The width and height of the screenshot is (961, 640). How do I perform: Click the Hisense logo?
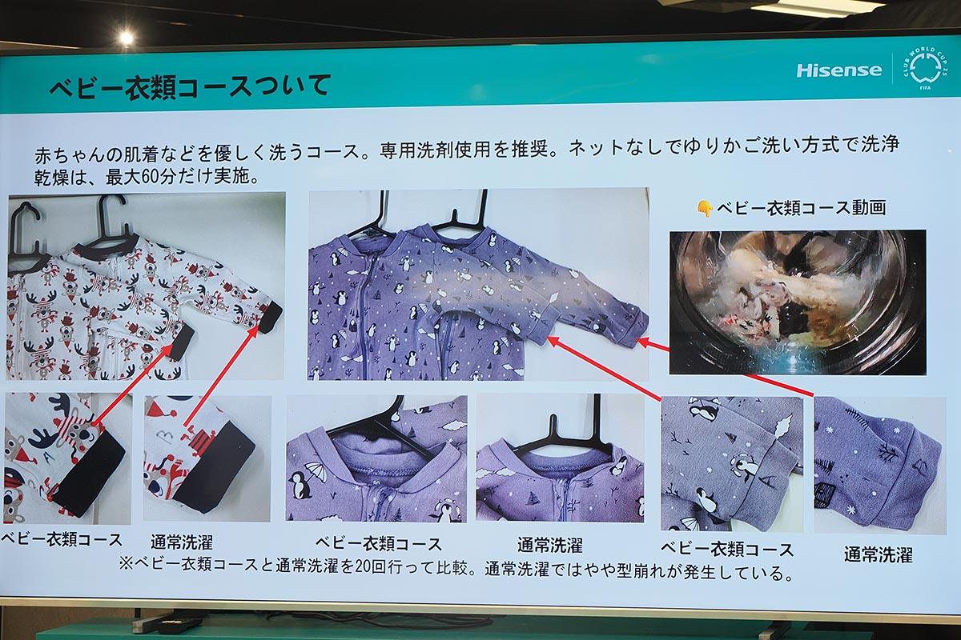pyautogui.click(x=838, y=70)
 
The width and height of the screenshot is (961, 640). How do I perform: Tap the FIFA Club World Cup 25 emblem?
pyautogui.click(x=926, y=68)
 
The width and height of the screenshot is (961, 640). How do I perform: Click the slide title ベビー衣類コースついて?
pyautogui.click(x=190, y=85)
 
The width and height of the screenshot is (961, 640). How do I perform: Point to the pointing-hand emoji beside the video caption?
pyautogui.click(x=705, y=208)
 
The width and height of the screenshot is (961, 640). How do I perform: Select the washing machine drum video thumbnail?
pyautogui.click(x=797, y=302)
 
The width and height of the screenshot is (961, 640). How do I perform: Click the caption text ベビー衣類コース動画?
pyautogui.click(x=801, y=208)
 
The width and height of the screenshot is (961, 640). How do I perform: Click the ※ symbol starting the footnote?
pyautogui.click(x=126, y=563)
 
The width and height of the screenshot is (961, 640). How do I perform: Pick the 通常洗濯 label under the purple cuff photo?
pyautogui.click(x=878, y=554)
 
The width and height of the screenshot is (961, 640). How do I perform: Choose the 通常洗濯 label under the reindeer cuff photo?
pyautogui.click(x=182, y=542)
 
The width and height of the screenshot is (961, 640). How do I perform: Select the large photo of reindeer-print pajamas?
pyautogui.click(x=146, y=286)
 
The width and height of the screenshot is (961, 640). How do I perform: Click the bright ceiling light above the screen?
pyautogui.click(x=126, y=37)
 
